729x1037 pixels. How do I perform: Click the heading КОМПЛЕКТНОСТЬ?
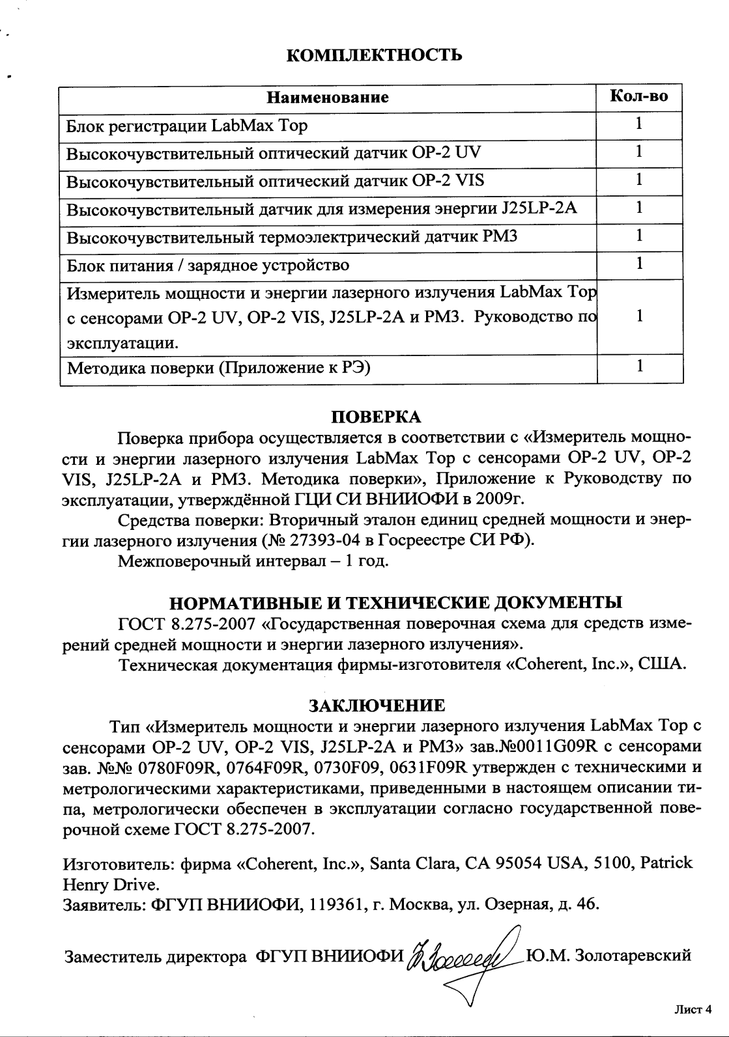tap(375, 55)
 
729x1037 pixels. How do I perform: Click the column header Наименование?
tap(328, 98)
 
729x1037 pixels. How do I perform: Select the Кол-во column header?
tap(638, 97)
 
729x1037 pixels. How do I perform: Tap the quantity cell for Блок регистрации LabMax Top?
tap(640, 124)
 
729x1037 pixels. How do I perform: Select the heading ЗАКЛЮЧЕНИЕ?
tap(377, 706)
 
